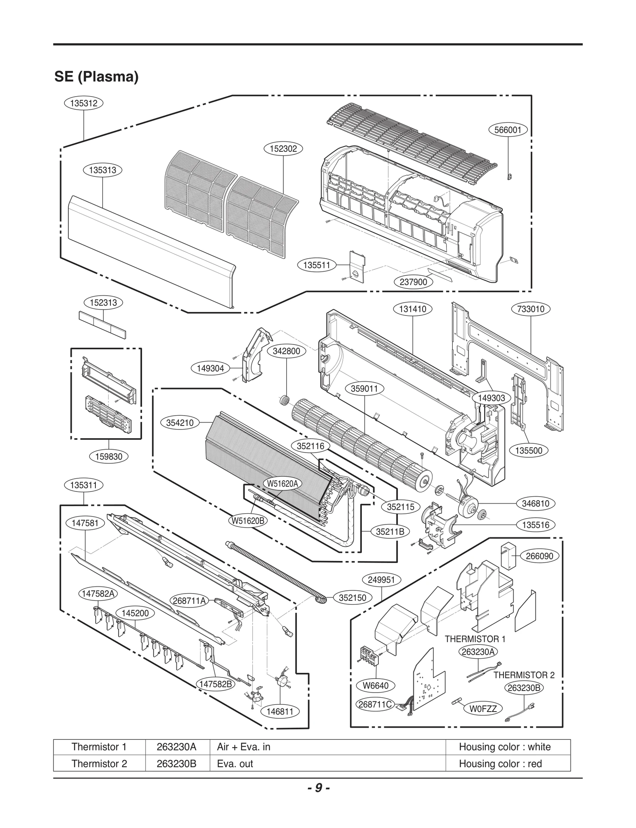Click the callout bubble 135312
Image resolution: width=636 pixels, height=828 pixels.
click(x=83, y=103)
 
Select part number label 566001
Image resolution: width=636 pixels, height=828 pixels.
click(x=508, y=130)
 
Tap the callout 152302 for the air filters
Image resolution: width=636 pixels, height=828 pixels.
click(x=283, y=149)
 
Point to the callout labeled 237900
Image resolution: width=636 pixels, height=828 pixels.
click(x=413, y=282)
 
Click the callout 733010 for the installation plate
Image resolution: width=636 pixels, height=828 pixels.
click(x=531, y=309)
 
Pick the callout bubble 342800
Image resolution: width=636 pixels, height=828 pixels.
click(x=286, y=351)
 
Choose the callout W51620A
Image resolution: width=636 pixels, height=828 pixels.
click(x=282, y=484)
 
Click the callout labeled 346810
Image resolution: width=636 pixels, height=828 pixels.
click(x=535, y=503)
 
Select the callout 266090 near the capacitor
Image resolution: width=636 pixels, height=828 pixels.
click(x=539, y=556)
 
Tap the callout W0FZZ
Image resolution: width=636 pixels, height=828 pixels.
click(x=483, y=709)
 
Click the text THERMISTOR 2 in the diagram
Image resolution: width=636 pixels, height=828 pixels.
click(x=524, y=675)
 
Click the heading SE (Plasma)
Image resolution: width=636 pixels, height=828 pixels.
click(x=96, y=76)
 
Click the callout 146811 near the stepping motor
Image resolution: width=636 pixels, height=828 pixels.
click(x=280, y=712)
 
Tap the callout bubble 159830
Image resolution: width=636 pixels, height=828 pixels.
click(x=109, y=457)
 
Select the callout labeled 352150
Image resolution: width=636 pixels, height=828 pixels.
click(x=352, y=598)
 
